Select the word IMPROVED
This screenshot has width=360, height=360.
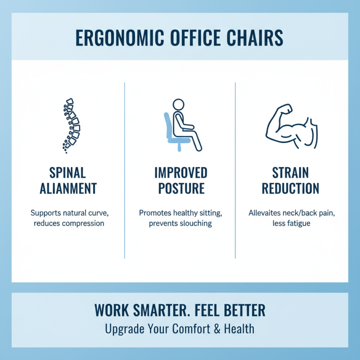pos(180,173)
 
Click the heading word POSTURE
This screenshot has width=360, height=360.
pos(180,188)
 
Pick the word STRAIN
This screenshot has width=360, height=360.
pos(291,173)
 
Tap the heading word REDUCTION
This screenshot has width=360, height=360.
pos(291,188)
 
